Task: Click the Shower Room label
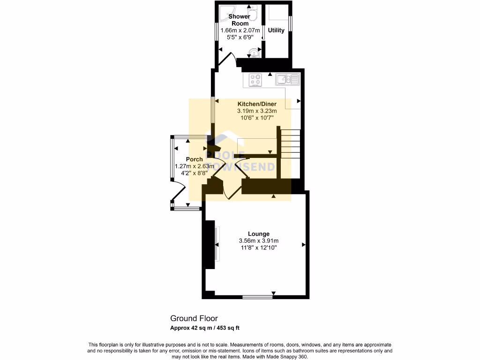pos(239,20)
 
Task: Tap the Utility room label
pos(276,30)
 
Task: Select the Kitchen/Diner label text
pos(257,104)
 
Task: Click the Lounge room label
pos(258,233)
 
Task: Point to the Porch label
pos(194,159)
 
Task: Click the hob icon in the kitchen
pos(255,80)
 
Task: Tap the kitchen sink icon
pos(287,79)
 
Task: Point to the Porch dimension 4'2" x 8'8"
pos(194,173)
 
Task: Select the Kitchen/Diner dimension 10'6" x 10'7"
pos(257,118)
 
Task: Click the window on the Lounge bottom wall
pos(257,297)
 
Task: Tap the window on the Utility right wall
pos(290,22)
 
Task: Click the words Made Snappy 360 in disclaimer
pos(288,356)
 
